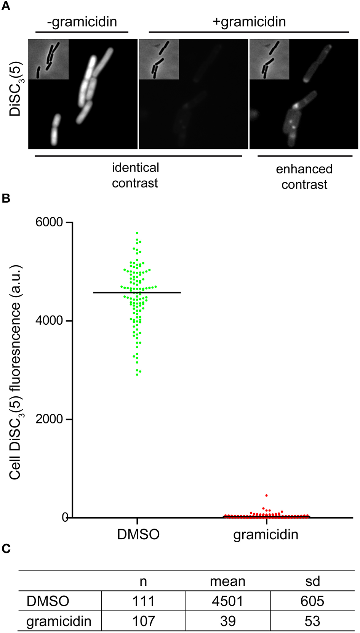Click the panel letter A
click(x=6, y=6)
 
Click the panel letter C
click(x=6, y=548)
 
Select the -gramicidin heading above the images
click(x=82, y=22)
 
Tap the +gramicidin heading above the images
click(x=249, y=22)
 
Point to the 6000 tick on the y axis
click(x=49, y=222)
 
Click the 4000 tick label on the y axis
click(x=49, y=321)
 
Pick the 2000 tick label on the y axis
click(x=49, y=419)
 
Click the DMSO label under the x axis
click(x=138, y=534)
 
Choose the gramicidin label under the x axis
click(x=266, y=535)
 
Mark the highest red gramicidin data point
click(x=266, y=495)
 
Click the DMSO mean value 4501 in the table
click(x=227, y=601)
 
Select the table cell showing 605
click(x=312, y=601)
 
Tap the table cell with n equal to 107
click(x=144, y=621)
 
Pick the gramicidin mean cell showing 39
click(x=228, y=621)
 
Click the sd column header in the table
click(x=312, y=581)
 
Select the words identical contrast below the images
click(x=135, y=175)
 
